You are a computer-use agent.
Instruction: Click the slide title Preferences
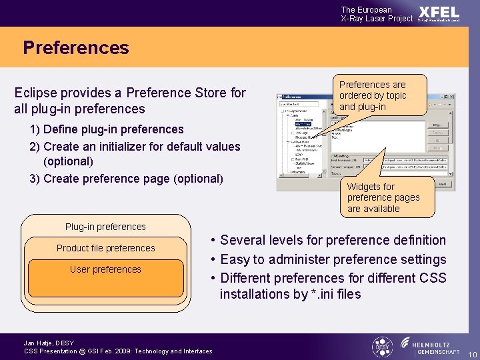75,48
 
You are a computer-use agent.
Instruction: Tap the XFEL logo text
439,12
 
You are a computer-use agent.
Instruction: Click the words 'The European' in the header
367,9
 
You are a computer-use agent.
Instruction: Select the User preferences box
106,277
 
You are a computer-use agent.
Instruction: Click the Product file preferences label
105,248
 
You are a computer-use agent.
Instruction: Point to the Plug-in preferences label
105,227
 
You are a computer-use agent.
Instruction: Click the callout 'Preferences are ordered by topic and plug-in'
372,95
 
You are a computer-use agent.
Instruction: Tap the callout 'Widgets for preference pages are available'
383,197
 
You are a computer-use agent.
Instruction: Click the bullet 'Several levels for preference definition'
333,240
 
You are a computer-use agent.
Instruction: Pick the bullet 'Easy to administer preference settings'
333,259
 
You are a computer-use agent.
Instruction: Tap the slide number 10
471,353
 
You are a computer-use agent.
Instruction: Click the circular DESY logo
381,346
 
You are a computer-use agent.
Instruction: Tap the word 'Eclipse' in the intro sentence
36,93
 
